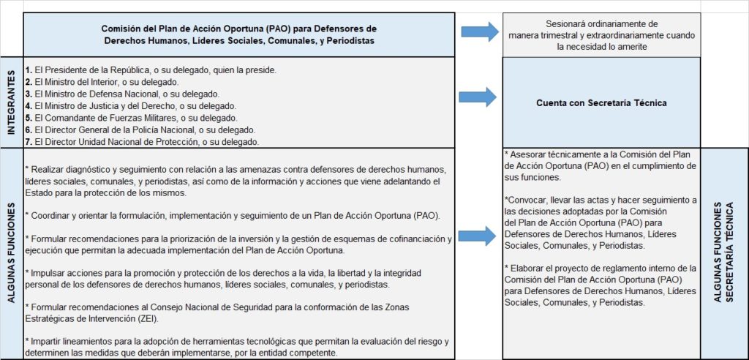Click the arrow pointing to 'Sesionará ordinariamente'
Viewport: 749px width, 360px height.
[x=480, y=33]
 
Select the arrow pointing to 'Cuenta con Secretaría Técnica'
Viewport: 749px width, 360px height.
[x=476, y=96]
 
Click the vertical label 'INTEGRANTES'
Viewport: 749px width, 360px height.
[x=11, y=102]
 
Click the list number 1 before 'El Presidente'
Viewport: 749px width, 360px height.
[x=27, y=70]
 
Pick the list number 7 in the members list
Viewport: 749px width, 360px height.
[x=27, y=141]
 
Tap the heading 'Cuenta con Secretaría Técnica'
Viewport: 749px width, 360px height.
[x=601, y=103]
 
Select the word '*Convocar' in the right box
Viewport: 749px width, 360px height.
[x=527, y=200]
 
